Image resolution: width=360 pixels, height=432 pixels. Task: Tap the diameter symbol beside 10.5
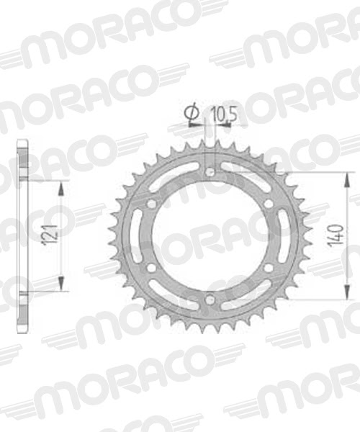click(192, 113)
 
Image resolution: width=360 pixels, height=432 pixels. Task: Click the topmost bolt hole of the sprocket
click(210, 173)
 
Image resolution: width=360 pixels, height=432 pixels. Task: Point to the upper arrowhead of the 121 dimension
click(61, 186)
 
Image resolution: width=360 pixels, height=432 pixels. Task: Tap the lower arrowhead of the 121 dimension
click(61, 286)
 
